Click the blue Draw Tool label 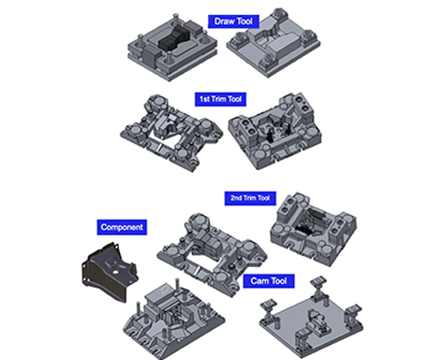click(234, 22)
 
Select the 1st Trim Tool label click(220, 100)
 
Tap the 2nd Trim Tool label click(250, 198)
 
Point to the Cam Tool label click(269, 281)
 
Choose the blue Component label click(121, 227)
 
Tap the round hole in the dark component click(116, 272)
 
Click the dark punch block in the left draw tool click(173, 40)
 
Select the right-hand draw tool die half click(273, 43)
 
